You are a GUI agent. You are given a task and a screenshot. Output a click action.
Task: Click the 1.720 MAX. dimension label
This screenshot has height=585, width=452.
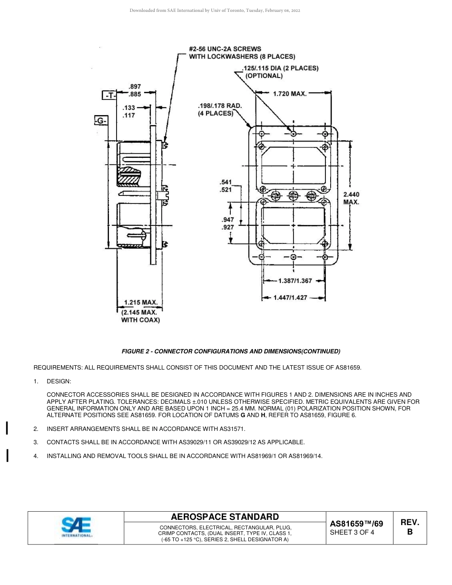[289, 94]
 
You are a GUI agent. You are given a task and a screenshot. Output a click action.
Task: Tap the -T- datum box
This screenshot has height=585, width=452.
[109, 96]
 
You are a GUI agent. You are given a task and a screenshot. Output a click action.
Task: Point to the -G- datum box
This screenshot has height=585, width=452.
[100, 121]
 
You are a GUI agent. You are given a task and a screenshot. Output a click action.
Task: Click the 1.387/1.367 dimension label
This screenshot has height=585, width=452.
[295, 281]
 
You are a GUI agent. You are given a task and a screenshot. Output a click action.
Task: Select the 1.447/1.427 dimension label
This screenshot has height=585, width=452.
[290, 298]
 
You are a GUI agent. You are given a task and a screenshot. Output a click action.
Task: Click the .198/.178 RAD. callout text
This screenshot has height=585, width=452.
[220, 109]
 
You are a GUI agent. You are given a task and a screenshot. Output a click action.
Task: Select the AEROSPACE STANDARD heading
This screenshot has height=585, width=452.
[225, 517]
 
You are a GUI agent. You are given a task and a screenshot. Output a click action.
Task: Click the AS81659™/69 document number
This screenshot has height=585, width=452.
[356, 524]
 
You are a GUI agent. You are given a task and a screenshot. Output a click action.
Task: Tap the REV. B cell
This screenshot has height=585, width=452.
[410, 527]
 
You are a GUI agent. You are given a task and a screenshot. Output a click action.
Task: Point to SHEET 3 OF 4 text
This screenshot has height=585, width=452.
[352, 533]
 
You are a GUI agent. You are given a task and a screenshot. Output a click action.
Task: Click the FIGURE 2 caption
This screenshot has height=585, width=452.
[231, 351]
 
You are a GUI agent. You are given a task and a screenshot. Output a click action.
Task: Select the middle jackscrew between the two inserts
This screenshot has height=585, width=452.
[293, 195]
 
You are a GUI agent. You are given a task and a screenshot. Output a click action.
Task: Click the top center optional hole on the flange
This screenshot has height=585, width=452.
[293, 134]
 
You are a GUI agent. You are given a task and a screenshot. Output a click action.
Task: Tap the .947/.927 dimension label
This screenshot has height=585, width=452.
[228, 224]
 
